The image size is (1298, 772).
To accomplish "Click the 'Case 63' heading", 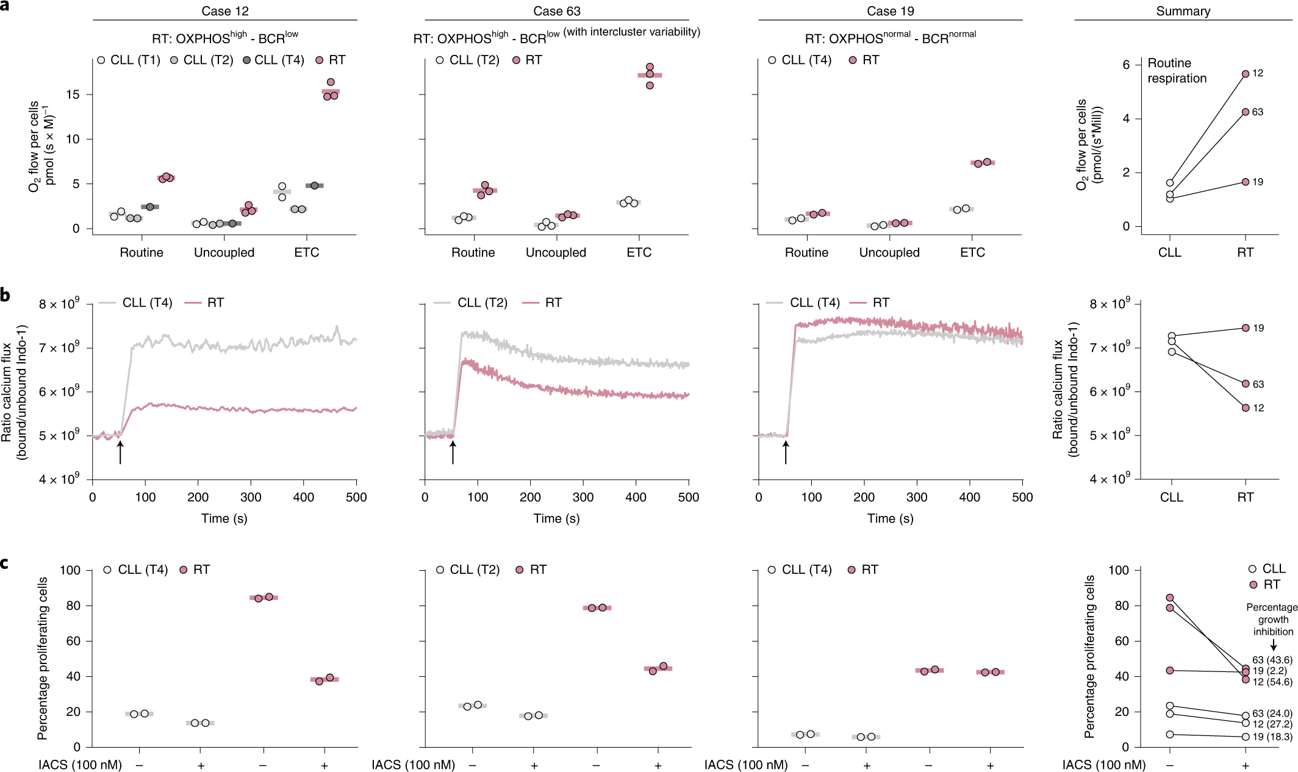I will click(x=556, y=11).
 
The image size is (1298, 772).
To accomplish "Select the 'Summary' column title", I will click(x=1183, y=11).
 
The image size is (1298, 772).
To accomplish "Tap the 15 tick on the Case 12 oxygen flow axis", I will click(x=73, y=95).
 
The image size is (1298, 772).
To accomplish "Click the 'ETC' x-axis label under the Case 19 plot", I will click(x=972, y=252).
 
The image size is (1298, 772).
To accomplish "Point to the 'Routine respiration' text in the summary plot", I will click(x=1177, y=71).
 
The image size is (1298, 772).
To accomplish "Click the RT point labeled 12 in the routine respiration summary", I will click(x=1246, y=74).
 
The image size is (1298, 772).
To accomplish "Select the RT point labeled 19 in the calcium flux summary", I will click(x=1246, y=328).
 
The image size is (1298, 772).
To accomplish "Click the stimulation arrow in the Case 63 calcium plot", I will click(x=453, y=452).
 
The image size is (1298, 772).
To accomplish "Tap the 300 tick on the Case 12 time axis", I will click(x=251, y=497).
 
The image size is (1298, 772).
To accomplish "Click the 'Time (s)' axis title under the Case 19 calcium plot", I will click(x=890, y=518).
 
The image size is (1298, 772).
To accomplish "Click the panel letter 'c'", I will click(x=5, y=562).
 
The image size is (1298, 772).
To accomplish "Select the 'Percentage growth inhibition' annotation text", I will click(x=1272, y=620).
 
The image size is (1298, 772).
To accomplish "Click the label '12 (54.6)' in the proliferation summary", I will click(x=1272, y=682).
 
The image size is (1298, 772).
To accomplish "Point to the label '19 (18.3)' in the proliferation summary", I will click(x=1272, y=737).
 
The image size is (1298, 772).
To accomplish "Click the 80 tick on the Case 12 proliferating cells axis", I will click(x=73, y=606).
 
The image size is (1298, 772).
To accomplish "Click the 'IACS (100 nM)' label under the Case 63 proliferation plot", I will click(x=413, y=765).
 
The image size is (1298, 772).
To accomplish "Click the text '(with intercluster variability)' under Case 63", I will click(x=631, y=32).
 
